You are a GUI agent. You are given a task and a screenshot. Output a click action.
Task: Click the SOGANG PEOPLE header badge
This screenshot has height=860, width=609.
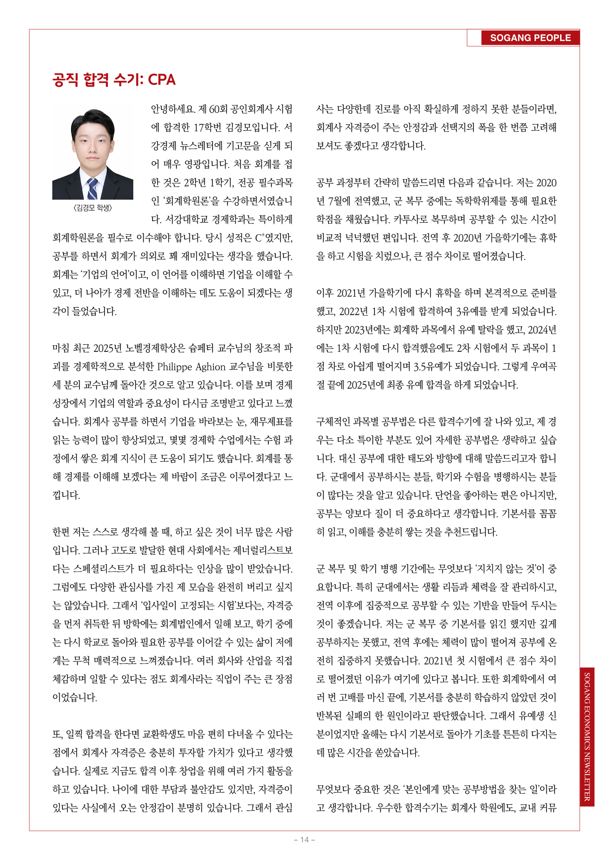[530, 38]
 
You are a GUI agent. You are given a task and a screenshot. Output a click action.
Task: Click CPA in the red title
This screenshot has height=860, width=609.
[162, 80]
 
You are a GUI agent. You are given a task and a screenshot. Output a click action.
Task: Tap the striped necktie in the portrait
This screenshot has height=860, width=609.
[92, 188]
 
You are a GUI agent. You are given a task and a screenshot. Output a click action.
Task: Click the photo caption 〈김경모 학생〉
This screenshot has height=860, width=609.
[93, 207]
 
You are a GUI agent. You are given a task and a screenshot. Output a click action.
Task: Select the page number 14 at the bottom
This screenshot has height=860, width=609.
[304, 839]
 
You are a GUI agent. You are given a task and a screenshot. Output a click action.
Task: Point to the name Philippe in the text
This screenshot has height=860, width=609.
[175, 367]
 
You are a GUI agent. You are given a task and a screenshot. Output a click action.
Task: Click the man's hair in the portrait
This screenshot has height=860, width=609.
[92, 119]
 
